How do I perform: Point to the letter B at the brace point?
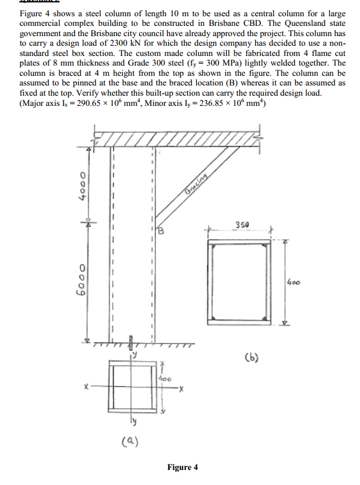(161, 230)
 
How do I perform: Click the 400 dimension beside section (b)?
(294, 280)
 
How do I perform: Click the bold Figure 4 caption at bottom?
(182, 467)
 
